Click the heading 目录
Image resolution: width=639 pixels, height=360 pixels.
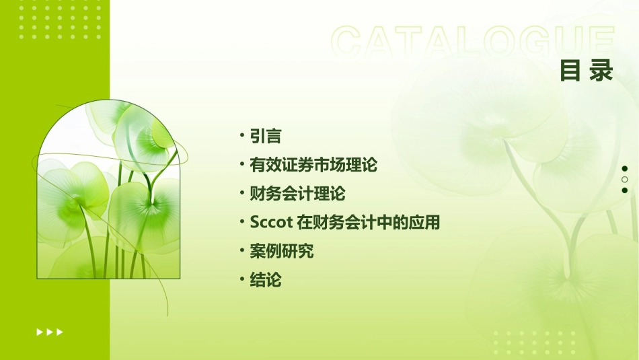tap(587, 71)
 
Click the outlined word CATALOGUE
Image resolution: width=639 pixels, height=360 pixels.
tap(473, 42)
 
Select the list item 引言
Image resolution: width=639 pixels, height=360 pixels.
tap(265, 136)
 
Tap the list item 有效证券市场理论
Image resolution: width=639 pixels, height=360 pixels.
tap(313, 165)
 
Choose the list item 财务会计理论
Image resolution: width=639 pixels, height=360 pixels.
tap(297, 194)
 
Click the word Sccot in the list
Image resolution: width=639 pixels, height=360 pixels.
tap(270, 223)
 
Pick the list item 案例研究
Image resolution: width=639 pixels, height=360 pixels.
tap(281, 252)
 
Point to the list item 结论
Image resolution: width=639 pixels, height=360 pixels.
tap(265, 280)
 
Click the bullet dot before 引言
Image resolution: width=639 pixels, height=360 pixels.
tap(242, 136)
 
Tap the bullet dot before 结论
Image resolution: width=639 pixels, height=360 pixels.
tap(242, 280)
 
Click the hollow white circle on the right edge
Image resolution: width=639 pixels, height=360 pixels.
tap(625, 180)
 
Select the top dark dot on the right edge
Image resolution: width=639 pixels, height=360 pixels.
tap(625, 168)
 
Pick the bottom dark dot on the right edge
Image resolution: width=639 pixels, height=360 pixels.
tap(625, 190)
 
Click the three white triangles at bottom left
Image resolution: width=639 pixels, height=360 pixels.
tap(50, 332)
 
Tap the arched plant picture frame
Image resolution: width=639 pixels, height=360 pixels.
tap(108, 190)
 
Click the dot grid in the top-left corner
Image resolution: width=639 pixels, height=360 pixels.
tap(61, 20)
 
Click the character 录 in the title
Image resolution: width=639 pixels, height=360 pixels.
tap(601, 71)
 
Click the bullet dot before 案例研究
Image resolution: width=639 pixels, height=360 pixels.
tap(242, 252)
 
